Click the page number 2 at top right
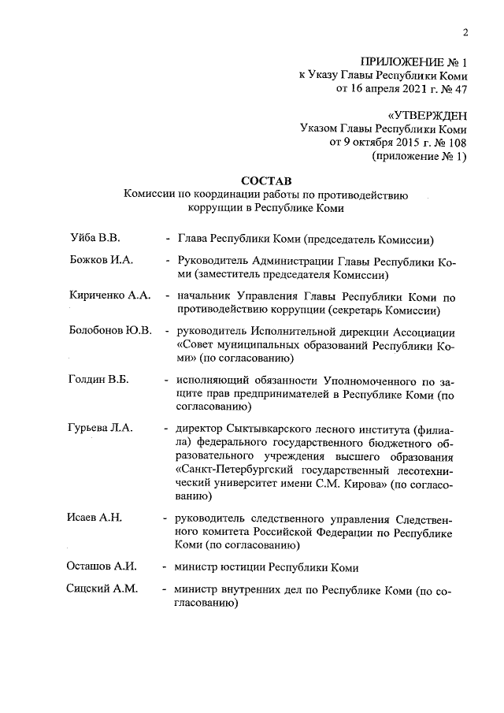[x=465, y=32]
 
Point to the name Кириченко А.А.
[x=109, y=295]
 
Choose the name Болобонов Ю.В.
[x=110, y=330]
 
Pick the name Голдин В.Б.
[x=98, y=379]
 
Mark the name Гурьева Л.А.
[x=102, y=428]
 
